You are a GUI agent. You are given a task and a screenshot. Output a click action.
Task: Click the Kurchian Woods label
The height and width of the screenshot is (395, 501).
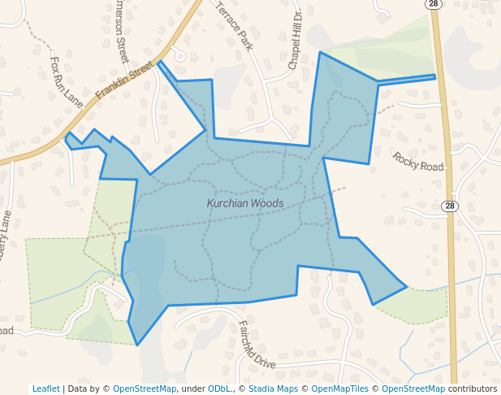point(244,203)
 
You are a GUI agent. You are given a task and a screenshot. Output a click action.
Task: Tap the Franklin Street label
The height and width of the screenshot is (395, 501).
point(124,81)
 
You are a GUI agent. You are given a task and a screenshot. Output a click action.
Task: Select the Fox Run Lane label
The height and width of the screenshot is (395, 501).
point(67,81)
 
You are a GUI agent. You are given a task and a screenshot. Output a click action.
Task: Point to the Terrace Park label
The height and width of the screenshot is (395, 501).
point(234,25)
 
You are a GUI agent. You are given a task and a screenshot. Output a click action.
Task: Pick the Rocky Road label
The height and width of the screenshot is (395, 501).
point(419,160)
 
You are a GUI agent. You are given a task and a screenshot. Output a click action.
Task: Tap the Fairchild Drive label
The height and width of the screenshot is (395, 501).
point(257,345)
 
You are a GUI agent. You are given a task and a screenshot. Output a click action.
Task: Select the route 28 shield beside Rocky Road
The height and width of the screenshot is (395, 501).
point(451,206)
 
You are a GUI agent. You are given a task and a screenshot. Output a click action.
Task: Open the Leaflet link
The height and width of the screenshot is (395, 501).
point(46,388)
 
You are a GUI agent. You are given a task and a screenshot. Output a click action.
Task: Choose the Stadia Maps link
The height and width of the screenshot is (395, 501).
point(274,388)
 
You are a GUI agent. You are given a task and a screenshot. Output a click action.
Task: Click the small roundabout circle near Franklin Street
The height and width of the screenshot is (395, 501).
point(180,56)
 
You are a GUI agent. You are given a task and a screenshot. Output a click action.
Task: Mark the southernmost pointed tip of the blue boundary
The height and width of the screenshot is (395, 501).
point(137,345)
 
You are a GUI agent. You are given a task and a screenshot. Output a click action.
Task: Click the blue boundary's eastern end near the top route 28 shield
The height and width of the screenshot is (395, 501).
point(435,76)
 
